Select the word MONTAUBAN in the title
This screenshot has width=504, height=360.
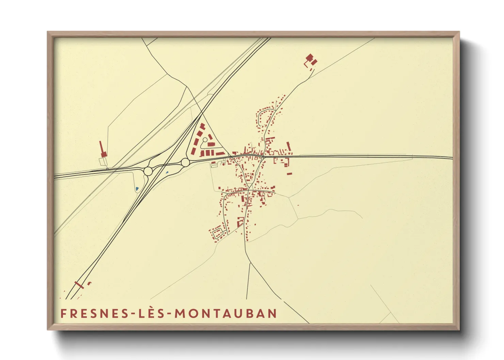(x=226, y=313)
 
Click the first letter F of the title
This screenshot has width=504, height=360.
(x=63, y=313)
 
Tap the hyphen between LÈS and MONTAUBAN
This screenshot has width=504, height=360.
(x=169, y=314)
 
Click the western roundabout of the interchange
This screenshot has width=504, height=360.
(x=148, y=171)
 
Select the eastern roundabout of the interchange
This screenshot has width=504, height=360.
(x=185, y=162)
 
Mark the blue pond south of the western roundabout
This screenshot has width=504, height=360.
(x=137, y=189)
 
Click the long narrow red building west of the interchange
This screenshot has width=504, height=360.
(x=102, y=149)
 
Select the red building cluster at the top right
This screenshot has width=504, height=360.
(x=311, y=60)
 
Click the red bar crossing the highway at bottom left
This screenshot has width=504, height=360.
(x=79, y=285)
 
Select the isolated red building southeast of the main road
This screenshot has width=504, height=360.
(x=289, y=174)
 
